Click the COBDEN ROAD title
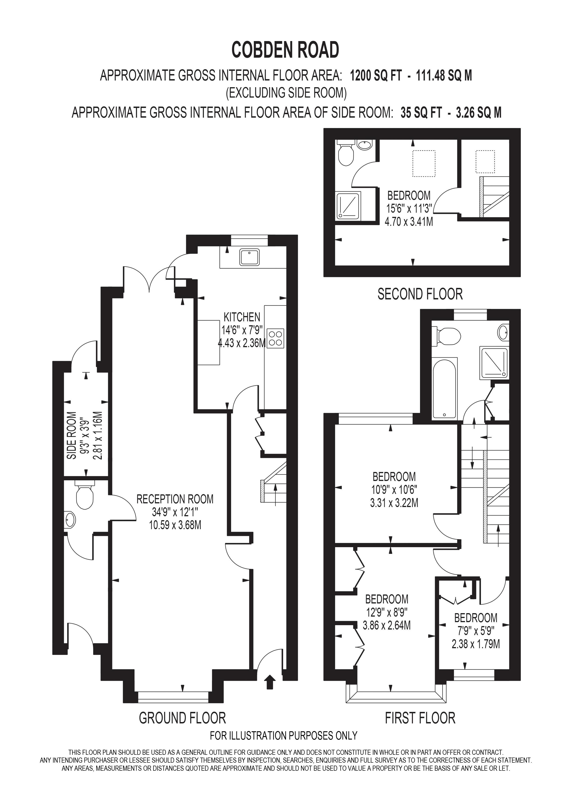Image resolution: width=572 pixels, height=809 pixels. pyautogui.click(x=285, y=50)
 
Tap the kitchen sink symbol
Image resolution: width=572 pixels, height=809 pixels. pyautogui.click(x=250, y=257)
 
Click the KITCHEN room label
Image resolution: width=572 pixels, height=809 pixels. pyautogui.click(x=242, y=317)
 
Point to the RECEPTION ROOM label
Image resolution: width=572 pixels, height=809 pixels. pyautogui.click(x=175, y=499)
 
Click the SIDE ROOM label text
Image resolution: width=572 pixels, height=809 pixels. pyautogui.click(x=72, y=436)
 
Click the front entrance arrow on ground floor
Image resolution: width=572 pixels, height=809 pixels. pyautogui.click(x=270, y=681)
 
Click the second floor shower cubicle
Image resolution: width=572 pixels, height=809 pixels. pyautogui.click(x=348, y=205)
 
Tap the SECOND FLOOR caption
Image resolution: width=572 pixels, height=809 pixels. pyautogui.click(x=420, y=294)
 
